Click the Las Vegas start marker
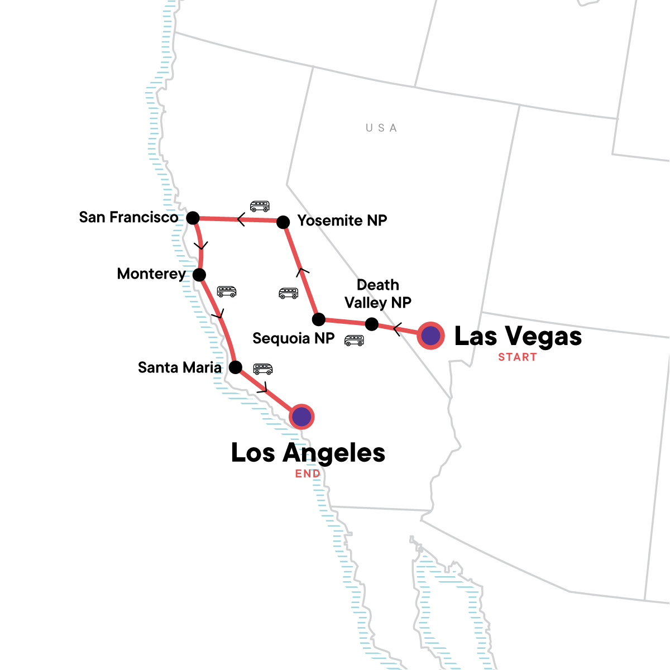(430, 336)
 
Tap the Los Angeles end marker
(301, 417)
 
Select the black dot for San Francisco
(193, 218)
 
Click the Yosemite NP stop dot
(283, 222)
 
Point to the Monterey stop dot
(199, 275)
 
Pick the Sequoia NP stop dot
(318, 319)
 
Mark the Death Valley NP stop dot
(371, 324)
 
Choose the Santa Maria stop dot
(236, 367)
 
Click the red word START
(517, 357)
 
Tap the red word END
(308, 474)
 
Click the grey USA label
(381, 128)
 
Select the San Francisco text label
(128, 217)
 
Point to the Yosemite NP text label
(342, 221)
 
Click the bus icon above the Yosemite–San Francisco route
(260, 206)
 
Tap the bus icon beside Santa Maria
(263, 369)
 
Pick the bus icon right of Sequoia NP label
(354, 340)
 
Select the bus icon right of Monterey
(227, 291)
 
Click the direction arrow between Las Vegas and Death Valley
(397, 329)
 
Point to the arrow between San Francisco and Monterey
(201, 245)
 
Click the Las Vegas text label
(518, 336)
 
